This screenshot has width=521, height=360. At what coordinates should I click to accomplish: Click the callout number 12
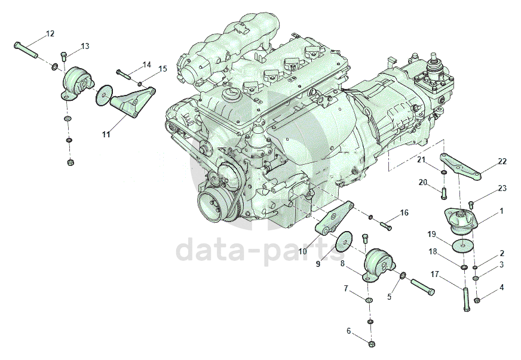click(x=50, y=33)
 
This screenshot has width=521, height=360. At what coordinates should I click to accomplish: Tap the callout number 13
click(x=84, y=46)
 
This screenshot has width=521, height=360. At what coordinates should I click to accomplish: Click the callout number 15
click(x=163, y=69)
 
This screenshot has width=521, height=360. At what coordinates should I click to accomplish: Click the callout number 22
click(x=502, y=161)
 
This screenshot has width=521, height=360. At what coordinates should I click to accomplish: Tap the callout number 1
click(x=502, y=211)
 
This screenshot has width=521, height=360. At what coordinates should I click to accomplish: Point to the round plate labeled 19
click(x=460, y=245)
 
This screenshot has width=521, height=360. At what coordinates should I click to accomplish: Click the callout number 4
click(x=502, y=287)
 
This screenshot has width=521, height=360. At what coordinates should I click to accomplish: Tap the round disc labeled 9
click(x=343, y=242)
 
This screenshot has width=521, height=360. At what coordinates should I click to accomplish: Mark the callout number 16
click(x=404, y=213)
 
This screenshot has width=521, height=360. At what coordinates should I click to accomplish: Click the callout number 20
click(x=423, y=182)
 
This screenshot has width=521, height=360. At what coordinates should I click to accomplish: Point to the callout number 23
click(x=502, y=189)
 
